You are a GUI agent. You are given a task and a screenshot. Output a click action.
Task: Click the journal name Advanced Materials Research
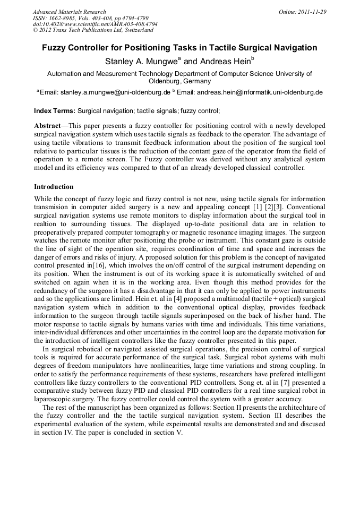coord(69,12)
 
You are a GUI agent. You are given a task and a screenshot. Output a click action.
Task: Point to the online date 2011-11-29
coord(312,12)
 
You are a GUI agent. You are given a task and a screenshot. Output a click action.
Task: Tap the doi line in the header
coord(95,24)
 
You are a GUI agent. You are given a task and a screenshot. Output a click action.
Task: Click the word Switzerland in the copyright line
coord(126,31)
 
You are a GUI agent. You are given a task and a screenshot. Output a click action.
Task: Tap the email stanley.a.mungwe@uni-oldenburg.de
coord(115,92)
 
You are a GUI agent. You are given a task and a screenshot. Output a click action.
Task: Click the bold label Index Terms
coord(55,111)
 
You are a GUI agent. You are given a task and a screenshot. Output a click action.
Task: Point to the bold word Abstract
coord(47,126)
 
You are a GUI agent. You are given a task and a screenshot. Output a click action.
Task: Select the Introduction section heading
coord(54,187)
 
